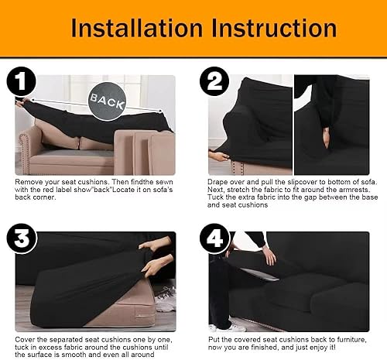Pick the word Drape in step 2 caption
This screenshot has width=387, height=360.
click(221, 181)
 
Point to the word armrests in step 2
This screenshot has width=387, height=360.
click(350, 190)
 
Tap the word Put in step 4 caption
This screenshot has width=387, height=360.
click(216, 328)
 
